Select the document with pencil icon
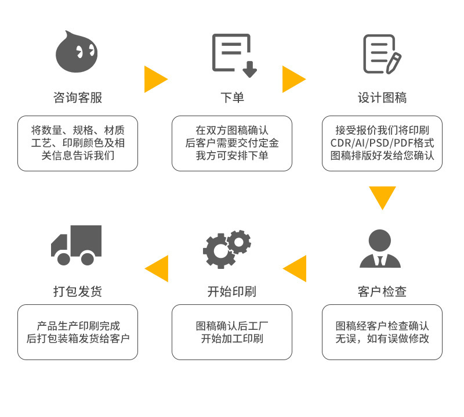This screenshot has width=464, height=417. [382, 54]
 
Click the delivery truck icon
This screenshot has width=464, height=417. [77, 245]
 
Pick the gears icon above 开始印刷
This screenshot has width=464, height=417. [227, 249]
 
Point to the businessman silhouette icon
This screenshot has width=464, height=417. [380, 248]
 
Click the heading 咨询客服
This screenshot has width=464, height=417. [78, 98]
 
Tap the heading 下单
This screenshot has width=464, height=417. [232, 98]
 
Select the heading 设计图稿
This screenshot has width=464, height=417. [382, 98]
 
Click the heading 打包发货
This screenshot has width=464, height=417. [78, 291]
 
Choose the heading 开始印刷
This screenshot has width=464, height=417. [232, 291]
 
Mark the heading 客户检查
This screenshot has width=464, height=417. [382, 291]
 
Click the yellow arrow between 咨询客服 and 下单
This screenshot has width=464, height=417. [154, 79]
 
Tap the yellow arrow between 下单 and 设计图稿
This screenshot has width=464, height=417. [293, 79]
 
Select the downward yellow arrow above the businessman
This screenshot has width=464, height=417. [382, 197]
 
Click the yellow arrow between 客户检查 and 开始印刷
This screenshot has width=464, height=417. [296, 268]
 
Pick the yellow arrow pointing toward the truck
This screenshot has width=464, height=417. [157, 268]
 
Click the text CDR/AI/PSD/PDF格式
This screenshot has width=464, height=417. [382, 143]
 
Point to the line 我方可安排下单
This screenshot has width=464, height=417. [232, 156]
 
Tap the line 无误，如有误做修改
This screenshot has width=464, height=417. [382, 339]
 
